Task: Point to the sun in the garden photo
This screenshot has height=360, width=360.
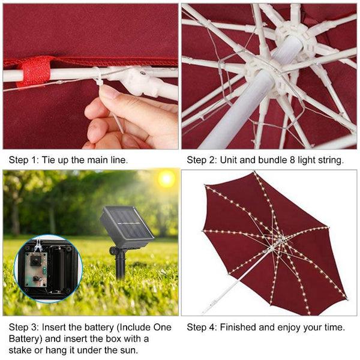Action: pyautogui.click(x=165, y=179)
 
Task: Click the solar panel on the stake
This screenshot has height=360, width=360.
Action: pyautogui.click(x=127, y=227)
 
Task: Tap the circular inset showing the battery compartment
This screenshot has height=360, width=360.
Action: pyautogui.click(x=48, y=268)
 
